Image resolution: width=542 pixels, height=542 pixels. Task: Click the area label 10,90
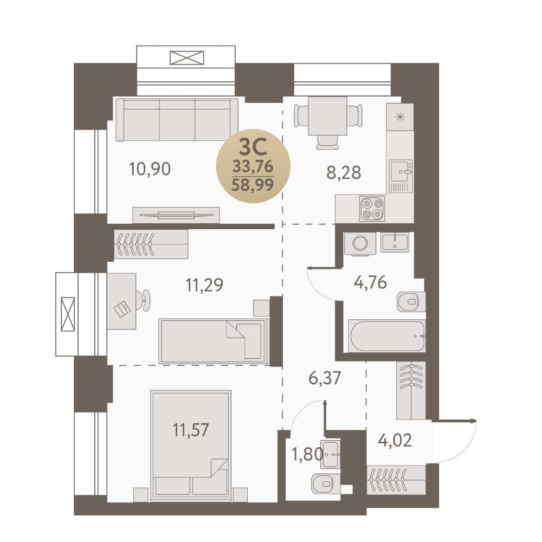pos(150,169)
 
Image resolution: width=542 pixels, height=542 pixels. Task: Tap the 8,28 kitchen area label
pos(344,172)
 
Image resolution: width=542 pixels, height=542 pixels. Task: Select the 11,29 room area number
pos(204,285)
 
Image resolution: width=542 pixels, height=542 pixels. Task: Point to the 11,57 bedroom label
pos(191,430)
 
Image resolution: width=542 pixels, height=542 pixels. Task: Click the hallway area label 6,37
pos(325,378)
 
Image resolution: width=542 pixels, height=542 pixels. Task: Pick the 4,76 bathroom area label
pos(370,282)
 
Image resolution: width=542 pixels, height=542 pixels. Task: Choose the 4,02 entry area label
pos(395,441)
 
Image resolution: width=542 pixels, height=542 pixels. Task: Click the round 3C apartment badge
pos(253,166)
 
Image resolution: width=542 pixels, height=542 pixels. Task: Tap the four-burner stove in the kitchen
pos(372,209)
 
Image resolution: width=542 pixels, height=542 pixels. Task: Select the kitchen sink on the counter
pos(401,176)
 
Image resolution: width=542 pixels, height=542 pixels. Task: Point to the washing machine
pos(360,244)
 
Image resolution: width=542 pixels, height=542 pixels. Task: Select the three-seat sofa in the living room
pos(177,120)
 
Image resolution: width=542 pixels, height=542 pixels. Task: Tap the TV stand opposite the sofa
pos(176,215)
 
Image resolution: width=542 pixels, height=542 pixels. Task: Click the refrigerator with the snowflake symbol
pos(400,117)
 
